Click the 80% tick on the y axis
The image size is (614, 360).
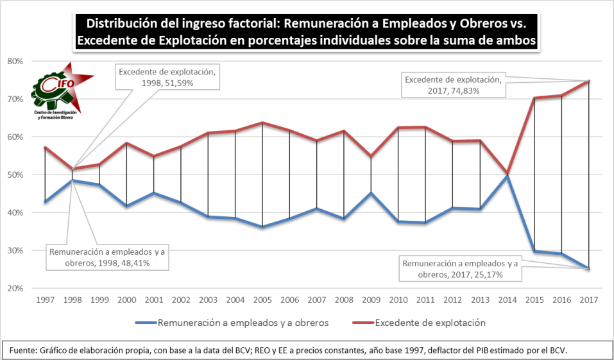tap(15, 62)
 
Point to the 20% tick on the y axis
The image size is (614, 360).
tap(15, 288)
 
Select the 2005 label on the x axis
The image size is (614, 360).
tap(263, 300)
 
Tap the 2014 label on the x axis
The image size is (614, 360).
tap(508, 300)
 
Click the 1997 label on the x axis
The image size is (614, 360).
tap(45, 300)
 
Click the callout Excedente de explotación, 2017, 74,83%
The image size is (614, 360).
tap(452, 85)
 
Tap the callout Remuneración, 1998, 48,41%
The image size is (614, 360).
tap(107, 257)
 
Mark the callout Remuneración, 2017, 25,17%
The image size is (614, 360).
tap(459, 269)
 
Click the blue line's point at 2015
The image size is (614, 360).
tap(535, 251)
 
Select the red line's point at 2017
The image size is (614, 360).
tap(589, 81)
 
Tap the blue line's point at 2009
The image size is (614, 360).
tap(371, 193)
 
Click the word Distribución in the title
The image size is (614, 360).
tap(120, 24)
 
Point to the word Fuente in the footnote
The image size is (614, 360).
tap(23, 350)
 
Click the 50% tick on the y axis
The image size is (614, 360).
tap(15, 175)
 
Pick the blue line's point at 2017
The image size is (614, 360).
tap(589, 269)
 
